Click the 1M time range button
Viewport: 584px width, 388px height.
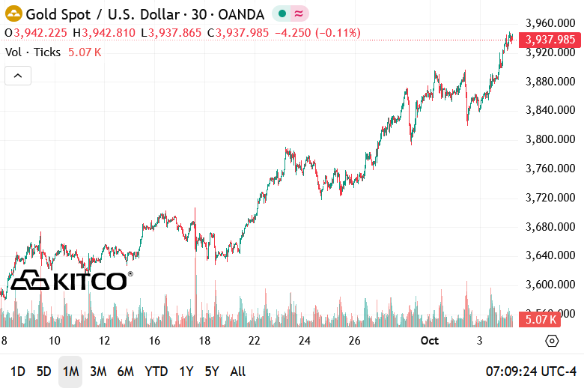tap(70, 372)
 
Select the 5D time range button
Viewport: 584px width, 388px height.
tap(44, 372)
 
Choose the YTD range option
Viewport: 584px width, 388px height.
tap(156, 372)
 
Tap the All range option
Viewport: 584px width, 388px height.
tap(237, 372)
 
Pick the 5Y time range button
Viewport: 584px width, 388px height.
tap(212, 372)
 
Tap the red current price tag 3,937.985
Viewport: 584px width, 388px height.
tap(550, 40)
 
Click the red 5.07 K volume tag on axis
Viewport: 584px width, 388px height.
tap(541, 320)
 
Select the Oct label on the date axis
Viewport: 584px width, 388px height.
tap(429, 341)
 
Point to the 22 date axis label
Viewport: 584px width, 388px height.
tap(255, 341)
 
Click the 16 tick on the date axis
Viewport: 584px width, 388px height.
tap(154, 341)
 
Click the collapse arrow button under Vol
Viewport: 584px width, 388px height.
tap(18, 76)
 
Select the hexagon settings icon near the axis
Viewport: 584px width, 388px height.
tap(552, 341)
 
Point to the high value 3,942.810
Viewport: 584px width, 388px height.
tap(109, 33)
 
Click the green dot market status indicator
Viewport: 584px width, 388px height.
tap(282, 13)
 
